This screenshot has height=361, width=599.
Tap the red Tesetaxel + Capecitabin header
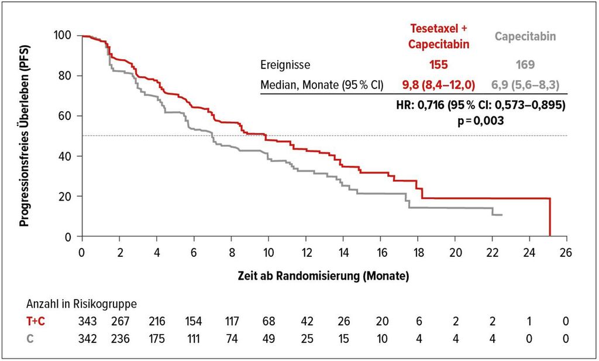[439, 36]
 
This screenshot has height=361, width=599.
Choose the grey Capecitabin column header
[525, 36]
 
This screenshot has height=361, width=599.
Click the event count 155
[438, 64]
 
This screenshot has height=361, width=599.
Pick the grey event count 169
[525, 64]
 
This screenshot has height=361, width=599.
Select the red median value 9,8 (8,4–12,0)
[439, 85]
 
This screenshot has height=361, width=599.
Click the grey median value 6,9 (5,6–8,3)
[525, 85]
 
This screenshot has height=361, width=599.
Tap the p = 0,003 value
[481, 121]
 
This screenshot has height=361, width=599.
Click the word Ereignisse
[285, 65]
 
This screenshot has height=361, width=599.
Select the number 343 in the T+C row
[88, 321]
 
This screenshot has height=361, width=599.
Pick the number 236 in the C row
[120, 338]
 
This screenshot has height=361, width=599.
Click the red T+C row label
[36, 321]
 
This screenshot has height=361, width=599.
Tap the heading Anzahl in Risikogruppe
[81, 304]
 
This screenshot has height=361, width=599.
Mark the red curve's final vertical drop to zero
[550, 217]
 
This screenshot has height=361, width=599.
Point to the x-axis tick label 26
[566, 253]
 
